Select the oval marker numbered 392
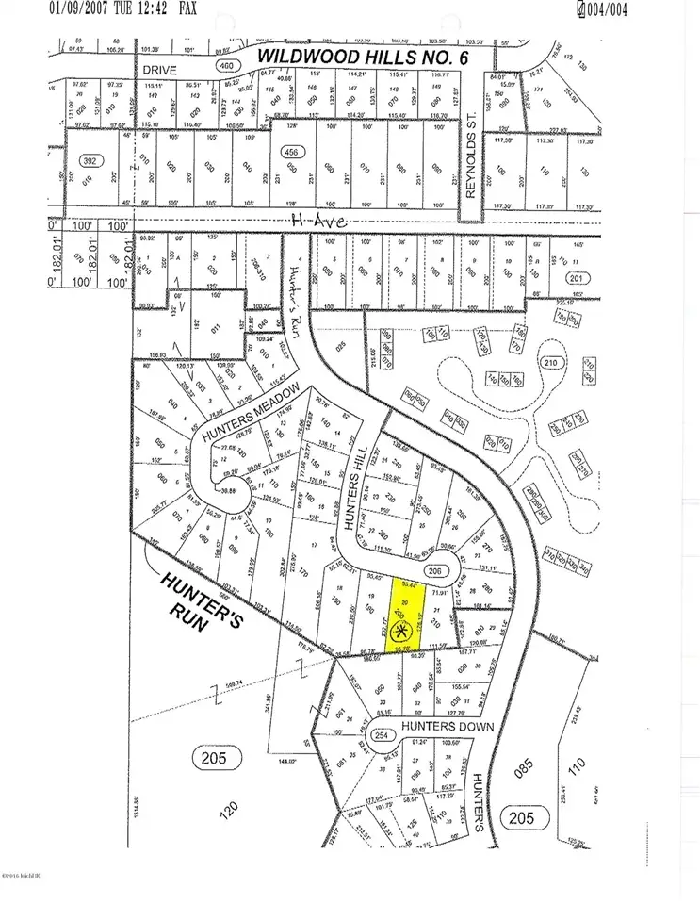coord(91,159)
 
